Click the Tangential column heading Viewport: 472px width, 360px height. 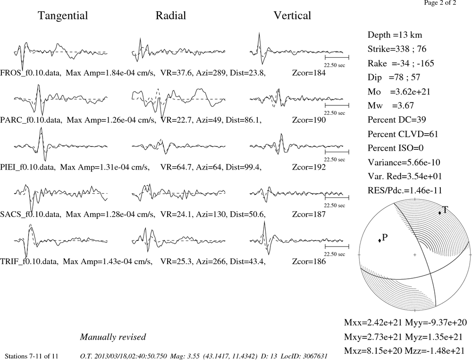63,16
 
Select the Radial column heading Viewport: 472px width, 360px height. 171,16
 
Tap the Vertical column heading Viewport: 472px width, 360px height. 292,16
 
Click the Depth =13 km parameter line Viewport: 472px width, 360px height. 395,35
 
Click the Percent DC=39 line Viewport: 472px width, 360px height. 397,120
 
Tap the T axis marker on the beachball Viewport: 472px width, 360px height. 440,213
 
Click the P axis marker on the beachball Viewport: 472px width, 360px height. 379,240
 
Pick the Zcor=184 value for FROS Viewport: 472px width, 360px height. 309,73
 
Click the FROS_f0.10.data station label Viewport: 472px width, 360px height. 31,73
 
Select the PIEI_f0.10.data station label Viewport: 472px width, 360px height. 28,167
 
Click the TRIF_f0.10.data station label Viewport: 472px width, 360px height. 29,261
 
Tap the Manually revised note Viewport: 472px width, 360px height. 113,337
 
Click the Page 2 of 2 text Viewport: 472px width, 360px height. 440,3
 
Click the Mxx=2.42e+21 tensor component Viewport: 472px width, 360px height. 373,323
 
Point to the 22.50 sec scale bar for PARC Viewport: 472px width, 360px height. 337,105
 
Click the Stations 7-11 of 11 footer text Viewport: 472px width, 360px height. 32,356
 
